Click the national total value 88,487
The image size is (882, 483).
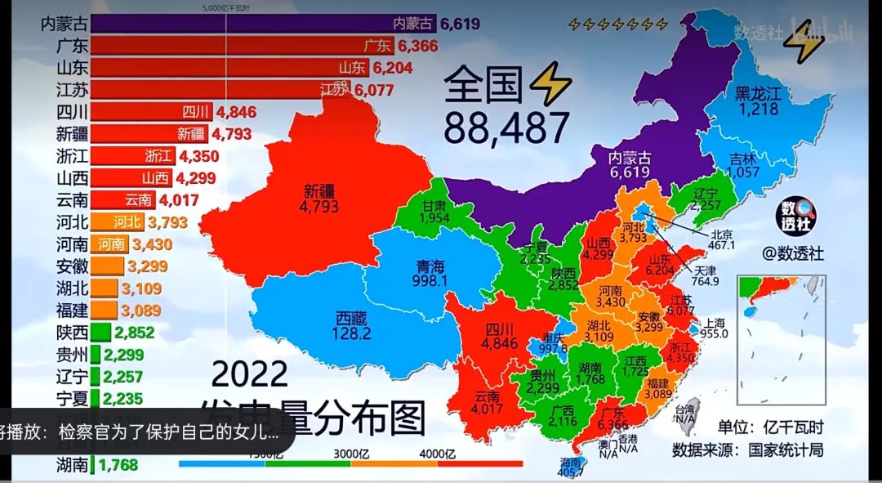[506, 127]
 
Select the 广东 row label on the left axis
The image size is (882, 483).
[73, 46]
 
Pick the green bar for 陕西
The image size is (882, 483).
[100, 332]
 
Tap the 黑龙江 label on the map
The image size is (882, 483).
[758, 94]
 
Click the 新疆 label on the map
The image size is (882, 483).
[319, 192]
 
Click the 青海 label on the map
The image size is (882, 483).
[432, 266]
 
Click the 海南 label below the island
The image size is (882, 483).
[572, 461]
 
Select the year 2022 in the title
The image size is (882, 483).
[250, 375]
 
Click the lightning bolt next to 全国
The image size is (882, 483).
[550, 85]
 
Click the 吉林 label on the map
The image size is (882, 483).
[744, 159]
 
